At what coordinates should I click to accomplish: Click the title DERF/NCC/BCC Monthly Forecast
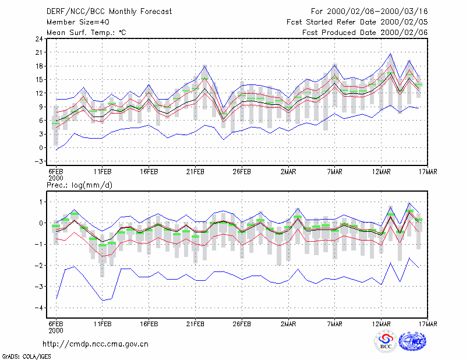(x=109, y=12)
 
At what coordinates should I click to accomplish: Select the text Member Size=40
(x=78, y=22)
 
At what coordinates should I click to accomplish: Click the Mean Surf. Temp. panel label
(x=86, y=33)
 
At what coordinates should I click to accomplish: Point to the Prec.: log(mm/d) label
(x=79, y=185)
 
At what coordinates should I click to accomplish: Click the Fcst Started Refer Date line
(x=357, y=22)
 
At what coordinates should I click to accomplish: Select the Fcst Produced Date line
(x=365, y=33)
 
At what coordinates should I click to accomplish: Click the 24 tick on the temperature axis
(x=39, y=38)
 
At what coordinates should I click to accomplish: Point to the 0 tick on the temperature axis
(x=41, y=148)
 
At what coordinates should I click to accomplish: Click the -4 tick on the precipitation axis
(x=38, y=308)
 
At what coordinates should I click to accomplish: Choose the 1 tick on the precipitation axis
(x=41, y=202)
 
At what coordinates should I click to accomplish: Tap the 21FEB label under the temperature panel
(x=195, y=172)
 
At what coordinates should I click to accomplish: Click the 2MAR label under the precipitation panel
(x=288, y=324)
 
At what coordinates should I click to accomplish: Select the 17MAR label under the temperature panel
(x=428, y=172)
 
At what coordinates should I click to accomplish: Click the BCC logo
(x=386, y=342)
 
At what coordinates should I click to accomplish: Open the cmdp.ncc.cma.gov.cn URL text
(x=96, y=344)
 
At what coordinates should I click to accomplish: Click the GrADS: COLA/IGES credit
(x=26, y=357)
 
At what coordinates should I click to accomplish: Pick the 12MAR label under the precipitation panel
(x=382, y=324)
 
